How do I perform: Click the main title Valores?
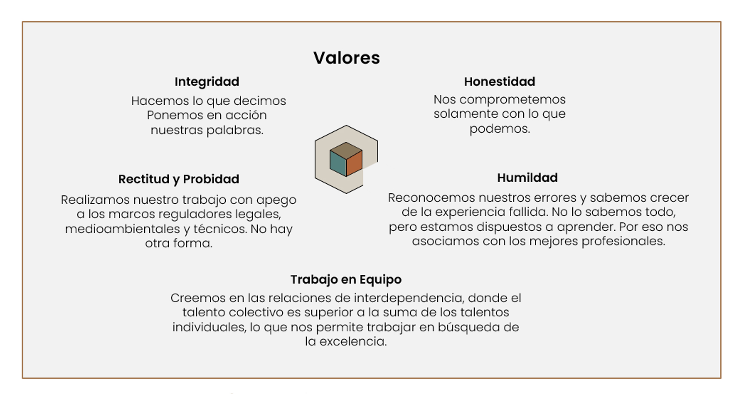[347, 58]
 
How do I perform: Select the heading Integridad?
[207, 81]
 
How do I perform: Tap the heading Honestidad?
[500, 81]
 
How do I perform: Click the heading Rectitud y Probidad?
[179, 179]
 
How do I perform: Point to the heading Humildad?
[527, 178]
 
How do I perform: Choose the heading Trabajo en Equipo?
[346, 280]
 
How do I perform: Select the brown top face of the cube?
[346, 150]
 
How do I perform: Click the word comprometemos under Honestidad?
[512, 100]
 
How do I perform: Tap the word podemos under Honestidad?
[500, 129]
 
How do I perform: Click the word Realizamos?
[95, 200]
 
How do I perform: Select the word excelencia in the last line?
[353, 342]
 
